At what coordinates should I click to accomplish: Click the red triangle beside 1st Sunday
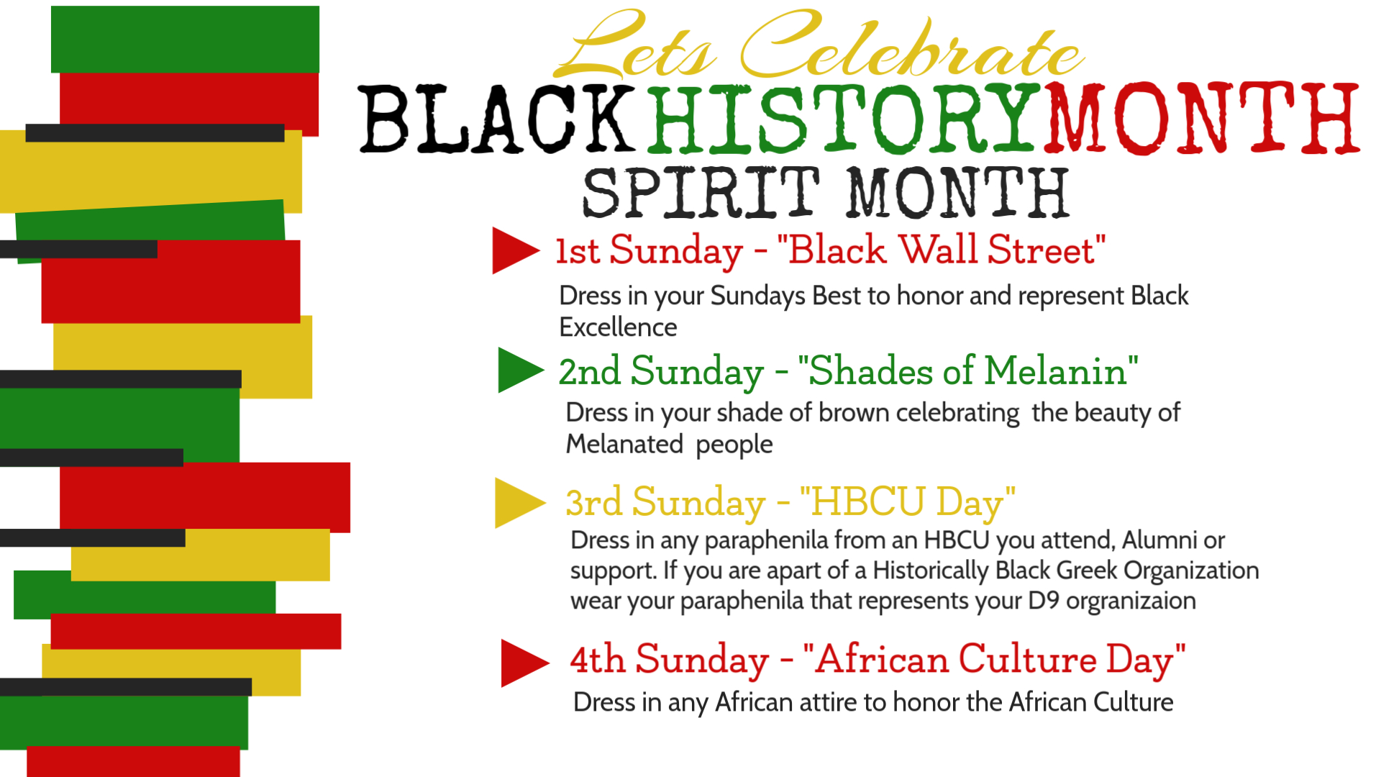click(x=512, y=250)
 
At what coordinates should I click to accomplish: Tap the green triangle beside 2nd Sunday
click(x=518, y=370)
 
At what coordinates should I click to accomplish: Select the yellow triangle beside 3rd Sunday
click(x=517, y=503)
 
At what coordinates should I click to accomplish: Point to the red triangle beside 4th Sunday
click(x=522, y=663)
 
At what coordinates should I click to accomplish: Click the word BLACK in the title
click(x=497, y=119)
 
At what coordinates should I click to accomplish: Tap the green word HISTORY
click(x=844, y=119)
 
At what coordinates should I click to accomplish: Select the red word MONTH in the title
click(x=1202, y=118)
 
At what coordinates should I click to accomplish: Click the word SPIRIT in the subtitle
click(x=701, y=193)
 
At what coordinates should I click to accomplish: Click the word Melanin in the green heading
click(x=1055, y=371)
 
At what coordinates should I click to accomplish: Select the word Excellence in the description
click(x=618, y=327)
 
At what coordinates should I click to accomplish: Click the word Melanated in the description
click(x=624, y=444)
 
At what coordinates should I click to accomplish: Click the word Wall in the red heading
click(x=938, y=250)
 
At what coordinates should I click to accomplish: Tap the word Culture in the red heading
click(x=1027, y=659)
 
